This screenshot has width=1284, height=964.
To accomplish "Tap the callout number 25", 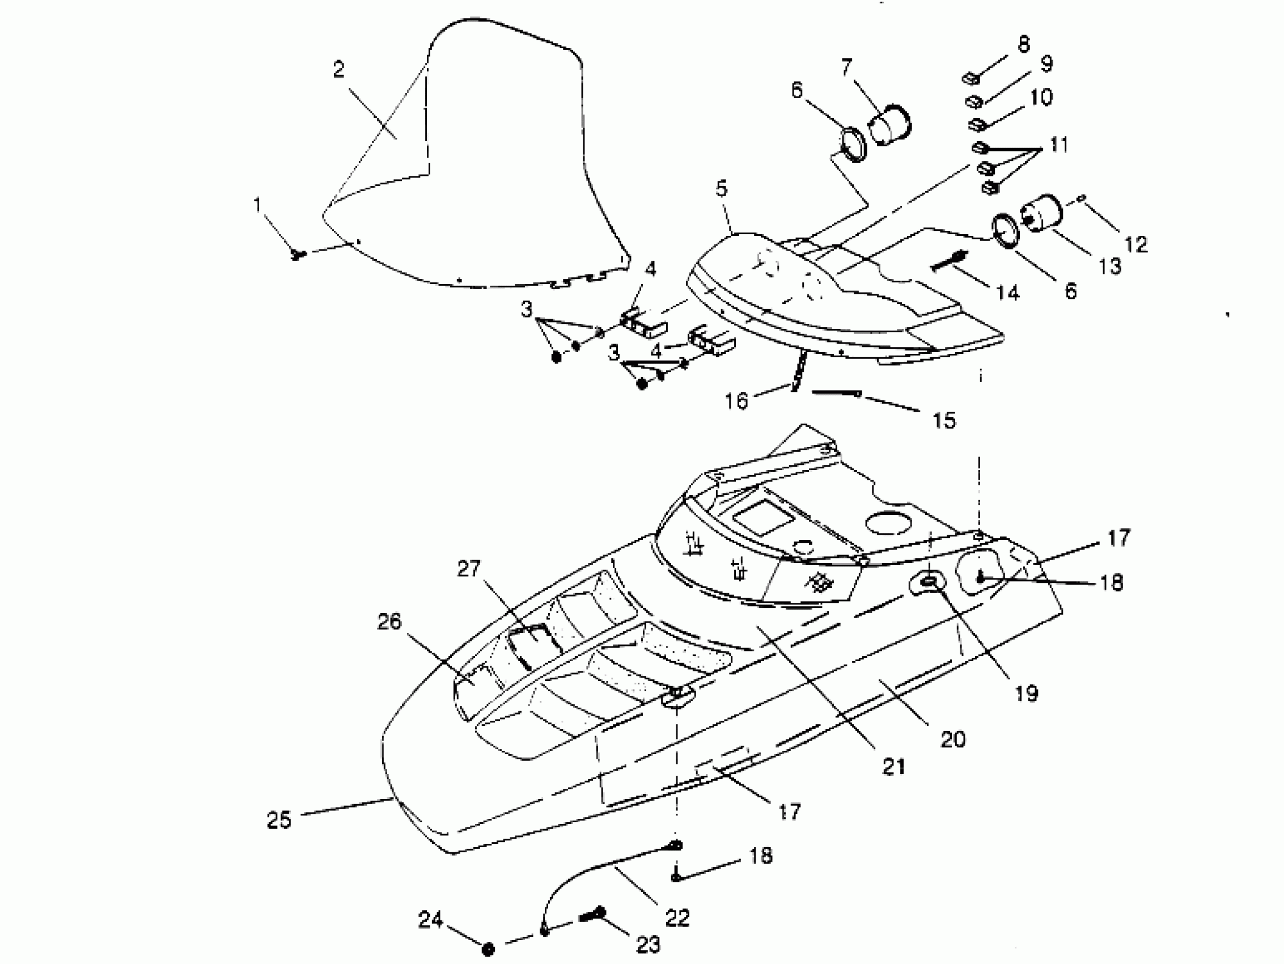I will pos(279,820).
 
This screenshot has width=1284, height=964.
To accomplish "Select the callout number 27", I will pos(468,569).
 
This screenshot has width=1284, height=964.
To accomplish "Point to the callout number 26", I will pos(389,621).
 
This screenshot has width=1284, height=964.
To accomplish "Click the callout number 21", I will pos(894,767).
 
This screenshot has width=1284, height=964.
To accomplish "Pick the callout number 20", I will pos(952,739).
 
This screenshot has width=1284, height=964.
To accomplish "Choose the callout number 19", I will pos(1026,693).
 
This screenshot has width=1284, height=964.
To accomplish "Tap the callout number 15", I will pos(944,420).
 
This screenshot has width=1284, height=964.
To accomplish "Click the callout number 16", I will pos(736,401).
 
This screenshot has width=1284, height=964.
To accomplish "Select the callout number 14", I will pos(1008,293).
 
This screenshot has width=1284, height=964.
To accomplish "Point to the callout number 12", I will pos(1136,244).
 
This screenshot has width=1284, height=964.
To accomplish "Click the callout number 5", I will pos(722,189).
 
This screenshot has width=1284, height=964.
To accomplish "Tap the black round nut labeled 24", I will pos(488,949).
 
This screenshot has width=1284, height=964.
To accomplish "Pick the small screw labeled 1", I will pos(297,254).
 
